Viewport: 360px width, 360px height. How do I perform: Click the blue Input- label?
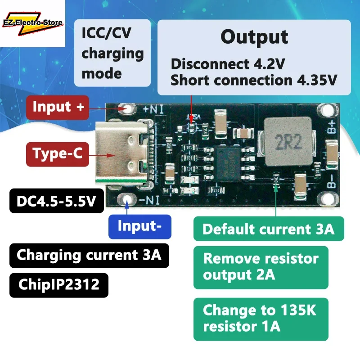139,226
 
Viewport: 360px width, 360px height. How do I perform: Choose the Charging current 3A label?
89,255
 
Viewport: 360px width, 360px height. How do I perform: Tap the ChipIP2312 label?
59,285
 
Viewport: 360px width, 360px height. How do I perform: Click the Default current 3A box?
269,229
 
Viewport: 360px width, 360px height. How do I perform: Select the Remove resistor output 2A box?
261,267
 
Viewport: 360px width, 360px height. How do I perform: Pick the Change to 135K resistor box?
261,319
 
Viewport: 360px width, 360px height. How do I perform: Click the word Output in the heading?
254,37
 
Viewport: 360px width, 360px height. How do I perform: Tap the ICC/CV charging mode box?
112,53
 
